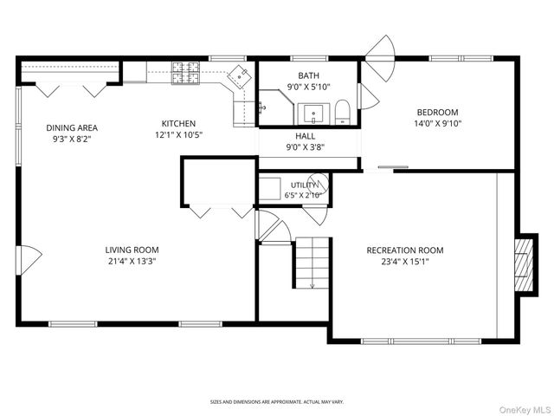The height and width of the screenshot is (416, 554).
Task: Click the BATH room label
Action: tap(308, 75)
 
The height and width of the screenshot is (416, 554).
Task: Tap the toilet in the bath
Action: tap(342, 112)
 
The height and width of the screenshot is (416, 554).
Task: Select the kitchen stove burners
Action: tap(185, 73)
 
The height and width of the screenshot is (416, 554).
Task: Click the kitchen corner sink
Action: tap(240, 76)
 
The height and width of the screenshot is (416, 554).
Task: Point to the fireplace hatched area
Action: tap(524, 265)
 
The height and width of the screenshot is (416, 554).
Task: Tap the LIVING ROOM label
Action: tap(132, 250)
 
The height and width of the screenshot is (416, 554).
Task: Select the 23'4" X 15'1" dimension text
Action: tap(405, 262)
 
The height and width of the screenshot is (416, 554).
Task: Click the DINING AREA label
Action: tap(72, 127)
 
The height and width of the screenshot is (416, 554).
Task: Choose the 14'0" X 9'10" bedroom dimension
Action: tap(438, 123)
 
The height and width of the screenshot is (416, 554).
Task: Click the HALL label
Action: tap(306, 136)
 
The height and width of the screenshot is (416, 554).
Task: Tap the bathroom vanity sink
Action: tap(313, 114)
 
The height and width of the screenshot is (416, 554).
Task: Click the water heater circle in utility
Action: tap(318, 183)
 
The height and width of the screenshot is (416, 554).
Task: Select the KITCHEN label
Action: tap(178, 123)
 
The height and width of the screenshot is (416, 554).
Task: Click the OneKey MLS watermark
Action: tap(524, 410)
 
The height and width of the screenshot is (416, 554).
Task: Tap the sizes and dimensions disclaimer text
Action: tap(277, 402)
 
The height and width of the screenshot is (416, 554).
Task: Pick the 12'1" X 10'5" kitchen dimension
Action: tap(178, 135)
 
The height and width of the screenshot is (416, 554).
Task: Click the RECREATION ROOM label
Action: tap(405, 250)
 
